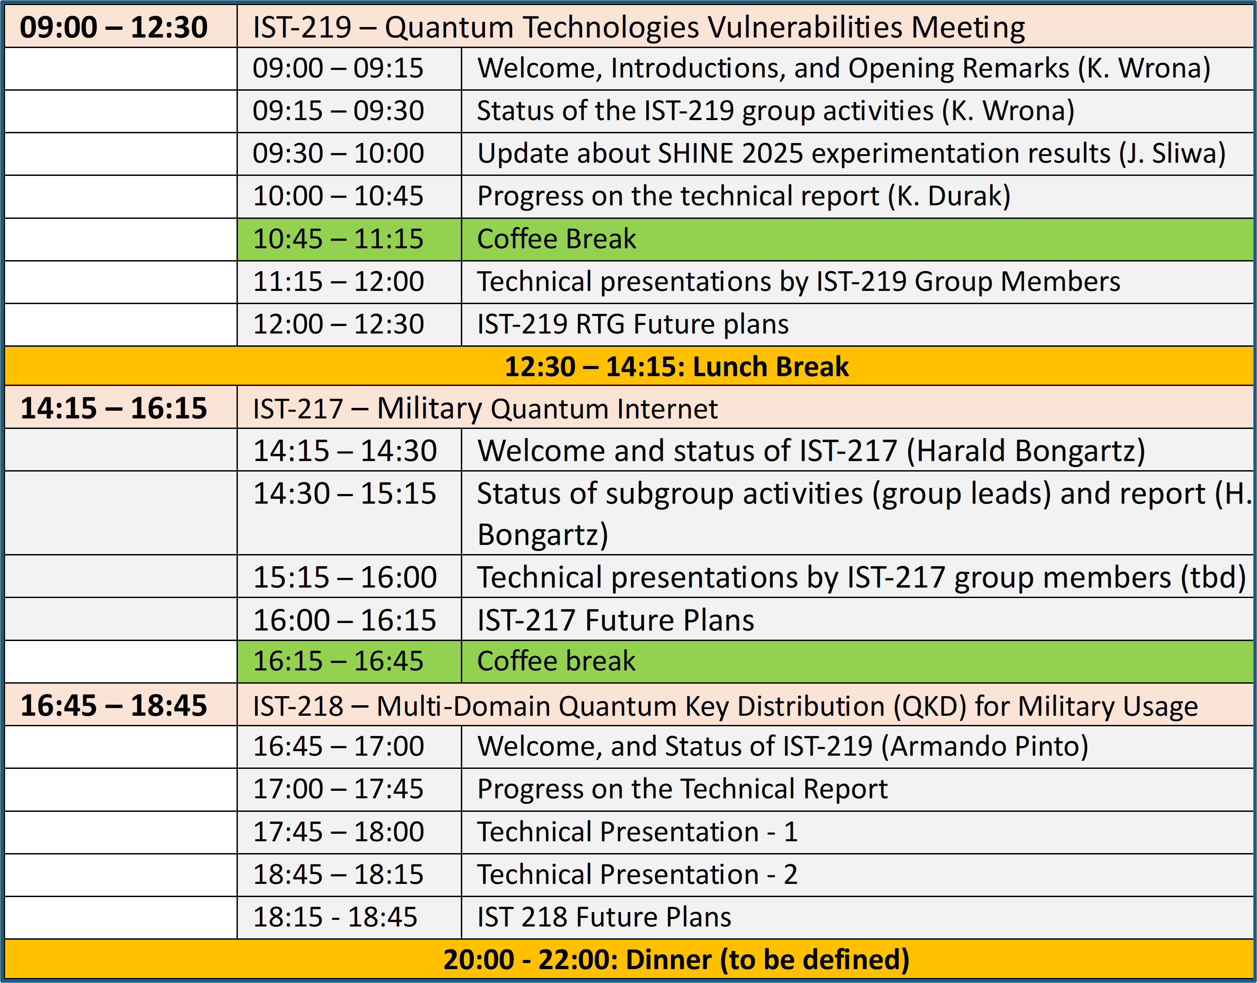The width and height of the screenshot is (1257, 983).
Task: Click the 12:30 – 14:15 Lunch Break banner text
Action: click(x=676, y=367)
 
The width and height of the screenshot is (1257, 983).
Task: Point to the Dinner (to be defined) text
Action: click(x=676, y=959)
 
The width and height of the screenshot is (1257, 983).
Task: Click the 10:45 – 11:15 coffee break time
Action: click(x=338, y=239)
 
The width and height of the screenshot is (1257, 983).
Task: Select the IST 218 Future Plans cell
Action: click(x=604, y=917)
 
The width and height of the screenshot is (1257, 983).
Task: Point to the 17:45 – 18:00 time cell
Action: click(x=338, y=832)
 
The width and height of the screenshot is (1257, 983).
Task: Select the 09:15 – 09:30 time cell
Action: click(x=338, y=111)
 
